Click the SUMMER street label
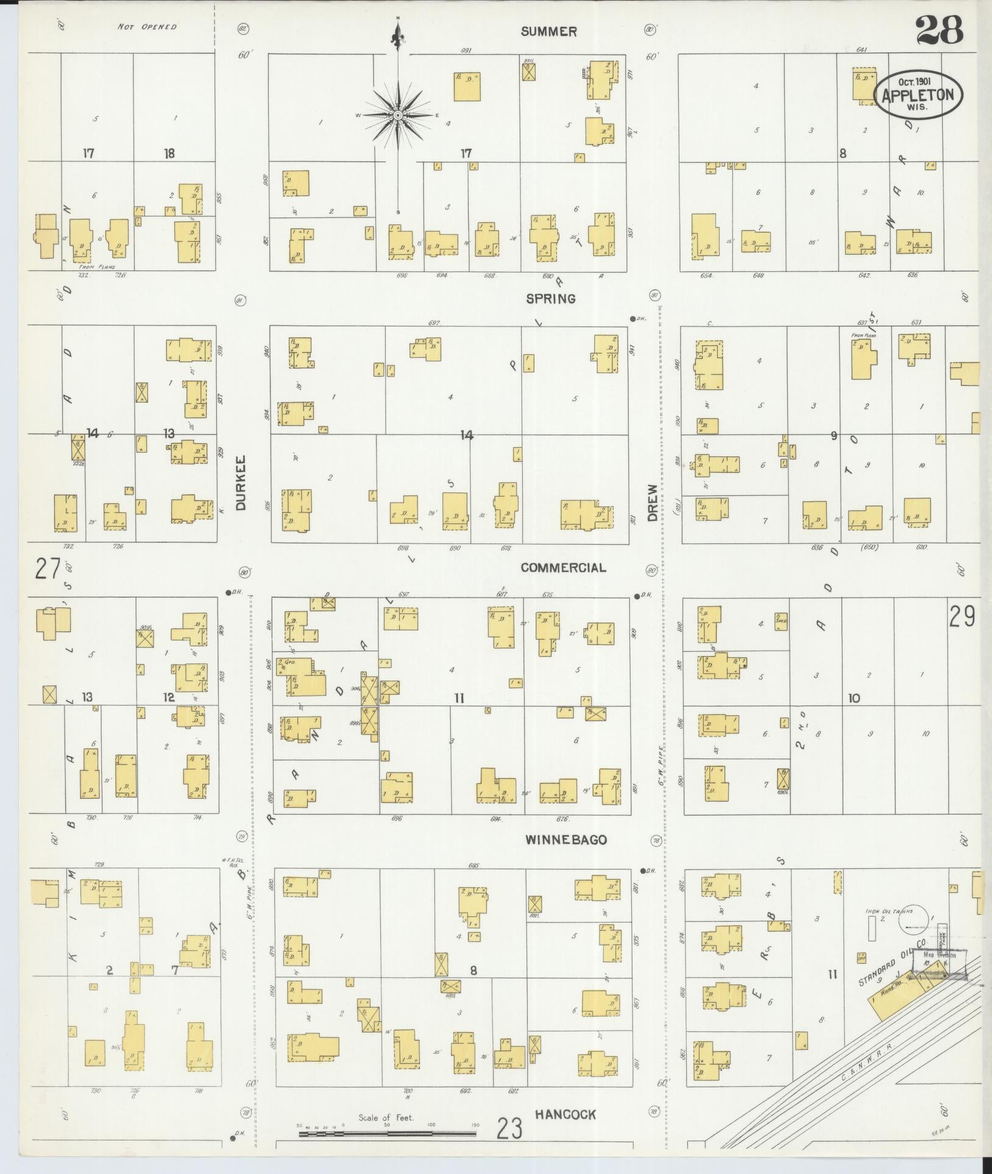[548, 32]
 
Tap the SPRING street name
[551, 299]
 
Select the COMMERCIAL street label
[563, 568]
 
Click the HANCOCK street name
[565, 1114]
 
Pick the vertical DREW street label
[653, 503]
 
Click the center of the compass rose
[398, 115]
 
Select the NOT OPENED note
[147, 27]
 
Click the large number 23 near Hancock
[509, 1129]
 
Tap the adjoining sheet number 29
[962, 617]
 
